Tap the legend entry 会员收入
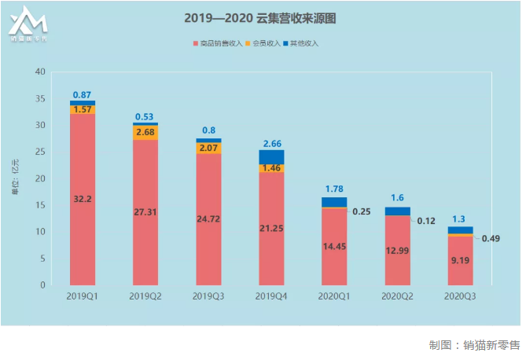click(269, 42)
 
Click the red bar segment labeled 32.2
click(83, 199)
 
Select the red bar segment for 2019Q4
click(271, 228)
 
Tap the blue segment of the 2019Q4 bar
click(271, 157)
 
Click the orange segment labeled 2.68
click(145, 132)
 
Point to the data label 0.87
click(82, 94)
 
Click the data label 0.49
click(491, 239)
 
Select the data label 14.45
click(334, 246)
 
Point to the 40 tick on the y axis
click(40, 72)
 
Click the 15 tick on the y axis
click(40, 205)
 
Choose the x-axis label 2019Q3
click(208, 296)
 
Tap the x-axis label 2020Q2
click(397, 296)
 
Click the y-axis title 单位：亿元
click(14, 179)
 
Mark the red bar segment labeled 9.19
click(460, 260)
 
